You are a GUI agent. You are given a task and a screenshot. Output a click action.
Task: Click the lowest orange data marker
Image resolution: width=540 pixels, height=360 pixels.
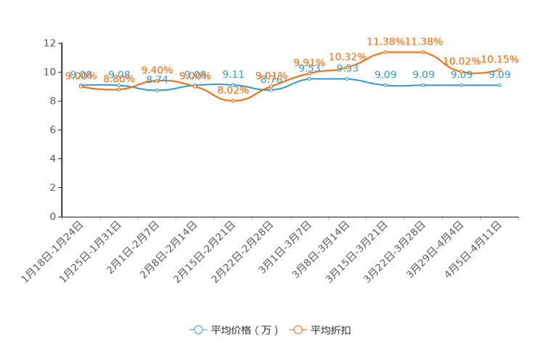[x=233, y=101]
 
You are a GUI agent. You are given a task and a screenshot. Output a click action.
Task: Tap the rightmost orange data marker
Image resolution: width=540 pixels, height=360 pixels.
[x=499, y=69]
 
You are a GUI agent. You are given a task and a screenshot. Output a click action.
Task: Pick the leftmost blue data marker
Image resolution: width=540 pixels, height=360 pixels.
[x=81, y=85]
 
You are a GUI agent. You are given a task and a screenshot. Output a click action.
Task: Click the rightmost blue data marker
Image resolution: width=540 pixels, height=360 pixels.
[x=499, y=85]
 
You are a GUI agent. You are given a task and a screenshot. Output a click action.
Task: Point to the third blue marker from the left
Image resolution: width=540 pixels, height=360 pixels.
[x=157, y=90]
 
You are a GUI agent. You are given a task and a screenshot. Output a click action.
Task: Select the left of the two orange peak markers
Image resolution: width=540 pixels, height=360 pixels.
[x=385, y=52]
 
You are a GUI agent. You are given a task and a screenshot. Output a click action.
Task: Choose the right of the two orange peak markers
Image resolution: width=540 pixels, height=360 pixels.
[x=423, y=52]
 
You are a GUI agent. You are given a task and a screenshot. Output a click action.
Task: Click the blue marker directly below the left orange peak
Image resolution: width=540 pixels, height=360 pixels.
[x=385, y=85]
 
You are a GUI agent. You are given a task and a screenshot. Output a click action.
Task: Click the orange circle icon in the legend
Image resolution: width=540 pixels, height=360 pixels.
[x=298, y=330]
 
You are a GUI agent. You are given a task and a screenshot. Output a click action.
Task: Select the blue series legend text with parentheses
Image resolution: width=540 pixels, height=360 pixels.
[x=245, y=330]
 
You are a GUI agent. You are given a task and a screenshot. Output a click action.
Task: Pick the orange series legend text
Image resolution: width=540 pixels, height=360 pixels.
[x=332, y=330]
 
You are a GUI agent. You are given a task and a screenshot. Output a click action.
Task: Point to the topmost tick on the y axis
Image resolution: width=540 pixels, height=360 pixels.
[x=60, y=43]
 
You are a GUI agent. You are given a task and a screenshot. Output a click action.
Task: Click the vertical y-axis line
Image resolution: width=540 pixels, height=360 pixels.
[x=62, y=131]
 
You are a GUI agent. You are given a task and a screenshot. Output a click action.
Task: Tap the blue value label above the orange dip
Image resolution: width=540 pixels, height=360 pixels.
[x=233, y=74]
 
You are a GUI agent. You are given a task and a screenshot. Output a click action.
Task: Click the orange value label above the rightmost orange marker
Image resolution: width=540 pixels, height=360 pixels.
[x=499, y=59]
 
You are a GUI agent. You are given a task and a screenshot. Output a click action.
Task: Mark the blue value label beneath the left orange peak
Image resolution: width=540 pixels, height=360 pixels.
[x=385, y=74]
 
